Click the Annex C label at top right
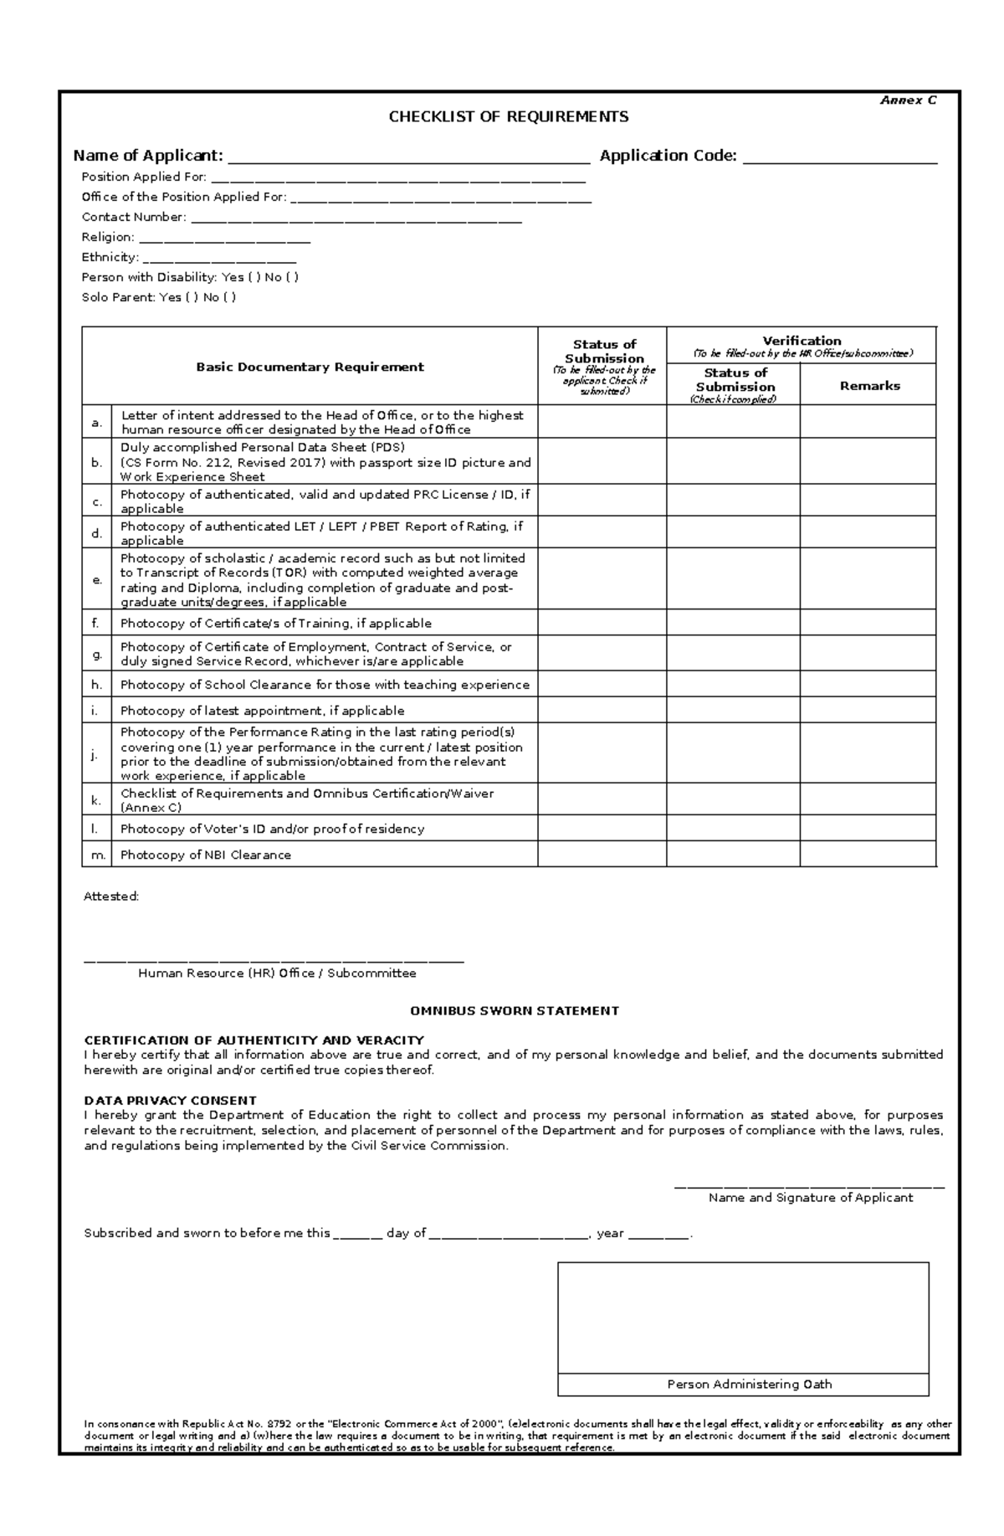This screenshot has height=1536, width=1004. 908,100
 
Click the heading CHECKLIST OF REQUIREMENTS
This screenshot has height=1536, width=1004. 508,116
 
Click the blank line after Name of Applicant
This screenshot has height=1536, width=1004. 409,157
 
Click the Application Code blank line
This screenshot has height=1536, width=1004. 840,157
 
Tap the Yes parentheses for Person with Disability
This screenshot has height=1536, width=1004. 254,277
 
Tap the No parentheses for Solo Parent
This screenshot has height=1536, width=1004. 230,297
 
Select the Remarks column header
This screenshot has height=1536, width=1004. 869,386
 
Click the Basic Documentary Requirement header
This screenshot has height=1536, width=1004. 310,367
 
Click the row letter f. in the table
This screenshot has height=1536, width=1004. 95,623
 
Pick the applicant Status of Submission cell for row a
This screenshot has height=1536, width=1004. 602,422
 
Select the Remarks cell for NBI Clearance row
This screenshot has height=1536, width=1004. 868,854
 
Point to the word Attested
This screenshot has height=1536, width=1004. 110,896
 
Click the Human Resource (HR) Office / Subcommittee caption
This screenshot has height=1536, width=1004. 277,973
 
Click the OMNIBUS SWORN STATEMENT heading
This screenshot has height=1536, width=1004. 514,1010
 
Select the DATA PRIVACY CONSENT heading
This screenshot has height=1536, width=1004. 170,1100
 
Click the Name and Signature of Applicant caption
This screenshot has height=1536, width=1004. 810,1198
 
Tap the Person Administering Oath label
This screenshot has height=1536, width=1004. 749,1384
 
